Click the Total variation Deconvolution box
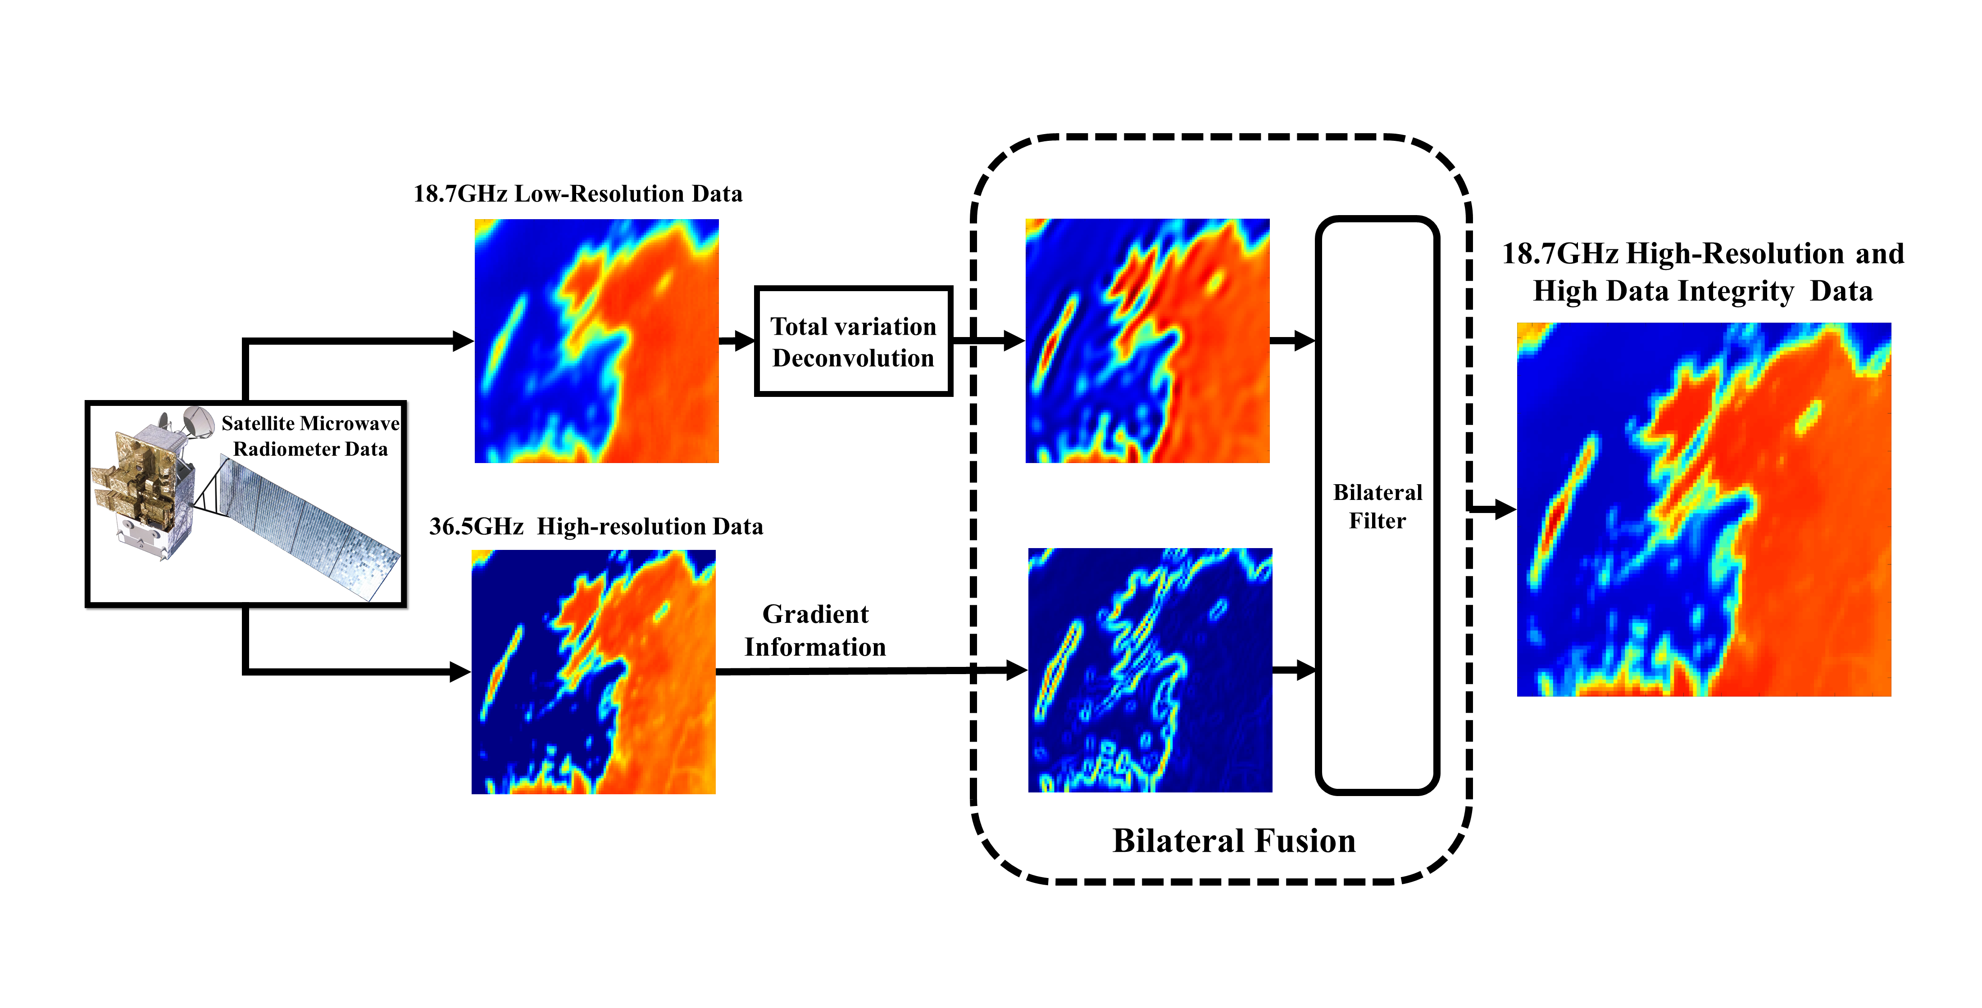[x=853, y=342]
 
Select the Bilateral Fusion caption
[x=1233, y=841]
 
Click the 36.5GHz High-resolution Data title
[x=596, y=526]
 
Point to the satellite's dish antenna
[x=199, y=421]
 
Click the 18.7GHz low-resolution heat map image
[x=596, y=341]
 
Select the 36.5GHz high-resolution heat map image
[x=593, y=671]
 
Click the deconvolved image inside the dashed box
[x=1147, y=341]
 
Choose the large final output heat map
[x=1704, y=509]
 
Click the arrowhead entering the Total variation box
[x=745, y=341]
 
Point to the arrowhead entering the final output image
[x=1504, y=509]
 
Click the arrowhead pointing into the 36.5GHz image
[x=459, y=672]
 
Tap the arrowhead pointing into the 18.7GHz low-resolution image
[x=463, y=341]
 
